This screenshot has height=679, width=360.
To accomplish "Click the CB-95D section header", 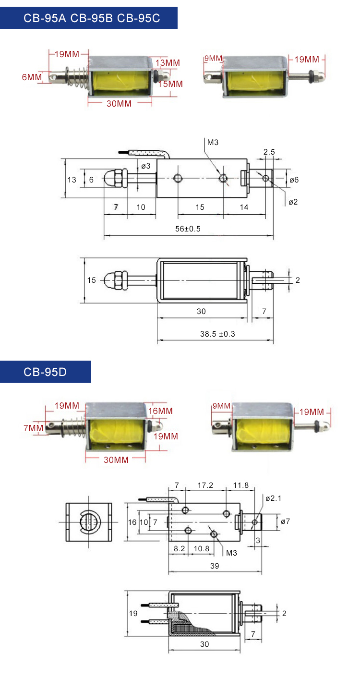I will (45, 372).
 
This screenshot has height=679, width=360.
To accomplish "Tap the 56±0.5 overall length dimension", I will (188, 229).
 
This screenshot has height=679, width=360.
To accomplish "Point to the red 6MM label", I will (32, 77).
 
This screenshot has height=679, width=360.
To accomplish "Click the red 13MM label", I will (168, 63).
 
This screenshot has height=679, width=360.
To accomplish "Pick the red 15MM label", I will (170, 84).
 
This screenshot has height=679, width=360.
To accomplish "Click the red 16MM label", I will (160, 411).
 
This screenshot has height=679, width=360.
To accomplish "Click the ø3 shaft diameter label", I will (145, 166).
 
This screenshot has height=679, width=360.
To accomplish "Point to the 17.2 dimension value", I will (205, 485).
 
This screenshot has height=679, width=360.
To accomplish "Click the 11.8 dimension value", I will (240, 485).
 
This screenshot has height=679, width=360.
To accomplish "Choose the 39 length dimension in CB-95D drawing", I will (215, 566).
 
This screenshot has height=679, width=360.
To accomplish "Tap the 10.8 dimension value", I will (201, 548).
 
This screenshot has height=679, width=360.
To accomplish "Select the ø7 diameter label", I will (285, 521).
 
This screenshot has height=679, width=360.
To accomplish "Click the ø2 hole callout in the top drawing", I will (293, 202).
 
